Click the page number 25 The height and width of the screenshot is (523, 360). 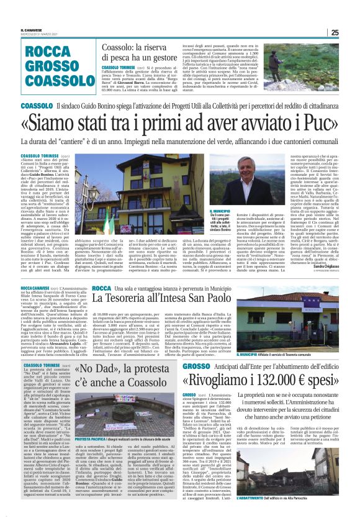pyautogui.click(x=351, y=34)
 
